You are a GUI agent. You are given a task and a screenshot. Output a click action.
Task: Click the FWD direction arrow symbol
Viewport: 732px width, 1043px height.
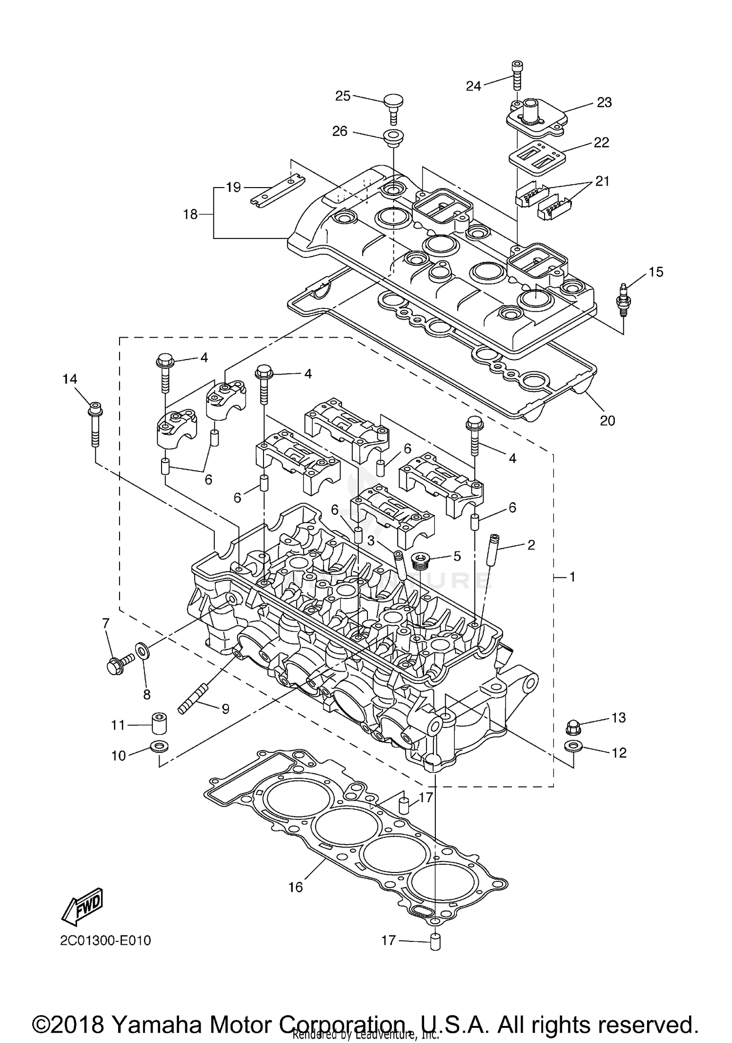pyautogui.click(x=82, y=907)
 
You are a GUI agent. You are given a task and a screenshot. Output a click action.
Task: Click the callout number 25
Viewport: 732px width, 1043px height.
pyautogui.click(x=343, y=96)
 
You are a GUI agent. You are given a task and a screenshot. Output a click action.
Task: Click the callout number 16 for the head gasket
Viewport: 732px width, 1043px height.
pyautogui.click(x=296, y=887)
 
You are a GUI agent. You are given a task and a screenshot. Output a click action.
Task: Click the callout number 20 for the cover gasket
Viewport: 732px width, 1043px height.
pyautogui.click(x=607, y=421)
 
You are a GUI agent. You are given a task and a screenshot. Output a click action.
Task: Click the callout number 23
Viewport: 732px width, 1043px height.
pyautogui.click(x=604, y=103)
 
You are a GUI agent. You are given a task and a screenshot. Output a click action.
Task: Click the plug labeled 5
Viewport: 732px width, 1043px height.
pyautogui.click(x=419, y=560)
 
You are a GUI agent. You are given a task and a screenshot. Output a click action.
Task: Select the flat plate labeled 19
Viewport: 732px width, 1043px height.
pyautogui.click(x=278, y=191)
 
